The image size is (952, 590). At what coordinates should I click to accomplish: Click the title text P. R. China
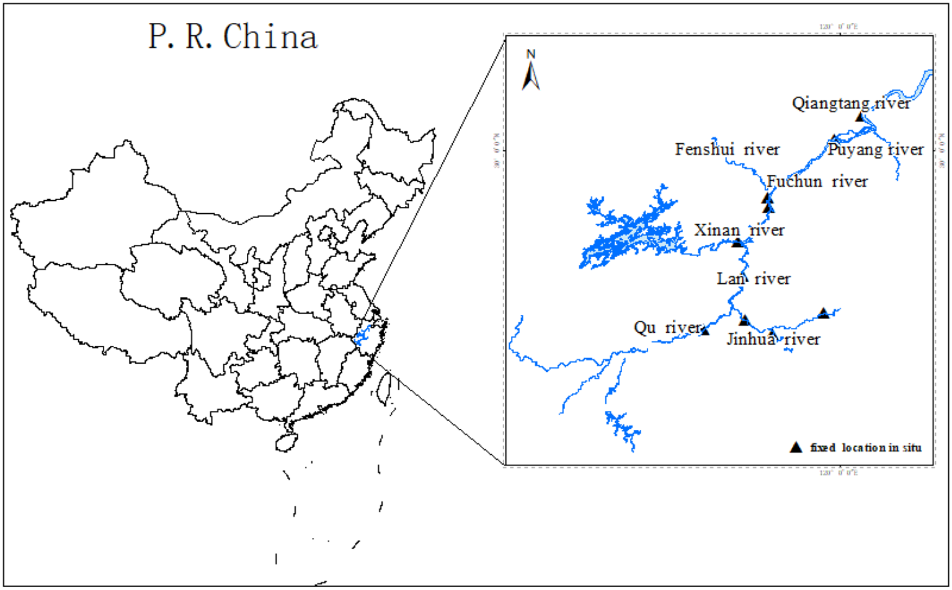click(x=233, y=37)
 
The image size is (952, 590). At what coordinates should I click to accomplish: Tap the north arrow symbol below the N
click(x=530, y=77)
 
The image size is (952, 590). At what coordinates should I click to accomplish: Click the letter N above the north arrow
click(x=531, y=55)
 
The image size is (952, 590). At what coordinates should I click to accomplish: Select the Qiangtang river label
click(x=851, y=103)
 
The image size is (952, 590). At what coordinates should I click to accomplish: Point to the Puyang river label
click(x=876, y=149)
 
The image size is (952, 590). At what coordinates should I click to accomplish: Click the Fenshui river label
click(x=727, y=149)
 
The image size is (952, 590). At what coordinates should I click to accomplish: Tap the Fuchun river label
click(x=817, y=182)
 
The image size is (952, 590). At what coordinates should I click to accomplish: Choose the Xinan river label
click(x=739, y=230)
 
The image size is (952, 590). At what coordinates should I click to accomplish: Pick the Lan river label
click(x=754, y=279)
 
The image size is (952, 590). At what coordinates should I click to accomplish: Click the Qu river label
click(x=667, y=327)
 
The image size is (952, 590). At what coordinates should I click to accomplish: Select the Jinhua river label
click(x=773, y=339)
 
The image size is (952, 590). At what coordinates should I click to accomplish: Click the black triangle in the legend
click(x=796, y=447)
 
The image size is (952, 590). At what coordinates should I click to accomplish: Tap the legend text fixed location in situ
click(x=866, y=447)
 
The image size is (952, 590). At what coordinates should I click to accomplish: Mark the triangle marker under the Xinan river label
click(x=737, y=242)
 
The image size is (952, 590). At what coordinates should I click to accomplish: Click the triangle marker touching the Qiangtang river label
click(x=860, y=117)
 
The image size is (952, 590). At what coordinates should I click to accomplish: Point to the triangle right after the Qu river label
click(x=705, y=331)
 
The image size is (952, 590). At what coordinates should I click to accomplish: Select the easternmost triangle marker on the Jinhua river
click(x=823, y=313)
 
